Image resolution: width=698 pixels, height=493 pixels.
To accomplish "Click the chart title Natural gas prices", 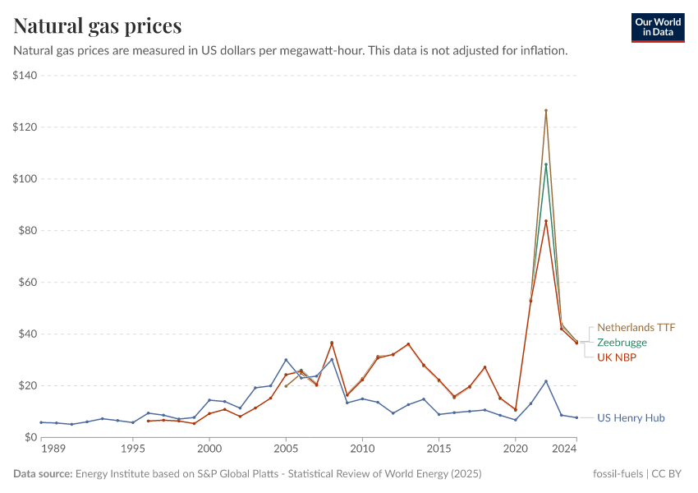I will point(97,25).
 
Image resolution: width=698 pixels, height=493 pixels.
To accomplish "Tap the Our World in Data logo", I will point(658,27).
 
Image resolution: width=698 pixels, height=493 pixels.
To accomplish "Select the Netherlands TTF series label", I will point(636,327).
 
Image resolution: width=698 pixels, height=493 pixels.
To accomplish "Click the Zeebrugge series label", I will point(622,342).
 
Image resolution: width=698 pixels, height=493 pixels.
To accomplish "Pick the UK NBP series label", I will point(617,357).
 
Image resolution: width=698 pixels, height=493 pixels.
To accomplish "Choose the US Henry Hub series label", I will point(631,417).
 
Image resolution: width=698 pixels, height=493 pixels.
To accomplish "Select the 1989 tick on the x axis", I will point(53,449).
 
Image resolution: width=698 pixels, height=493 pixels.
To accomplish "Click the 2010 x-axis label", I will point(362,449).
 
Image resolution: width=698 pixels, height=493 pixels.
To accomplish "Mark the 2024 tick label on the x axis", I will point(565,449).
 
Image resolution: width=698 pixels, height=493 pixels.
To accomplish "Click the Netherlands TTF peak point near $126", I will point(546,110).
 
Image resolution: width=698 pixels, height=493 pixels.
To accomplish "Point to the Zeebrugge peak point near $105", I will point(546,164).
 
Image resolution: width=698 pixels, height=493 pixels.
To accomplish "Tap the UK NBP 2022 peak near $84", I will point(546,220).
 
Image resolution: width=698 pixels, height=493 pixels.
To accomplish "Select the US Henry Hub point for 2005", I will point(286,360).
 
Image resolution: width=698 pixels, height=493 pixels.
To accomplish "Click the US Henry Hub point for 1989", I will point(41,422).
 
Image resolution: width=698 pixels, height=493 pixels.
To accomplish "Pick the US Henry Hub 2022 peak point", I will point(546,381).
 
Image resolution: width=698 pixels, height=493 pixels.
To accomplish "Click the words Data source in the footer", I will point(42,474).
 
